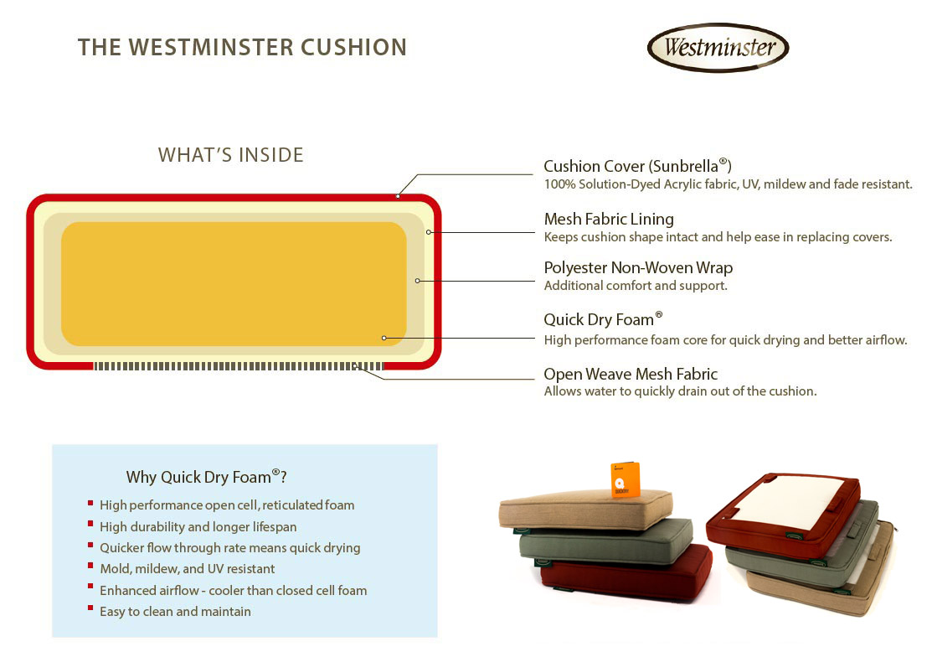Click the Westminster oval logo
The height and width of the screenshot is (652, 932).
718,47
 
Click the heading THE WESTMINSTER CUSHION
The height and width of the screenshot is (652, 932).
242,47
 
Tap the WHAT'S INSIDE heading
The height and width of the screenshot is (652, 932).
230,155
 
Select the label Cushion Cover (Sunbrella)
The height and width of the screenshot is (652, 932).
637,166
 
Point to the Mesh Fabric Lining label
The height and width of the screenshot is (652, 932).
609,219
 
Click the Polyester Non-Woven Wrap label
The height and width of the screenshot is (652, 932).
638,268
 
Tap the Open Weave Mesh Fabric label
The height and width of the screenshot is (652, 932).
631,374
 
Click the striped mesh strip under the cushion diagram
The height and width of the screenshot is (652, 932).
238,366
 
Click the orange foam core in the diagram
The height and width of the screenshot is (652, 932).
234,283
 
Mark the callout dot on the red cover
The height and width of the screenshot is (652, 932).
398,196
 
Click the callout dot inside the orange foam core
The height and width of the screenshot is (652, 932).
384,338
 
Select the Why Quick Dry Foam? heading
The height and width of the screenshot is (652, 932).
207,477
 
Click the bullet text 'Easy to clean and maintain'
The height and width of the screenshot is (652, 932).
175,611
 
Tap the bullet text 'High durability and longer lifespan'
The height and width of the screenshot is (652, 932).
198,526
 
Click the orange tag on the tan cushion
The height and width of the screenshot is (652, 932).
625,479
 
